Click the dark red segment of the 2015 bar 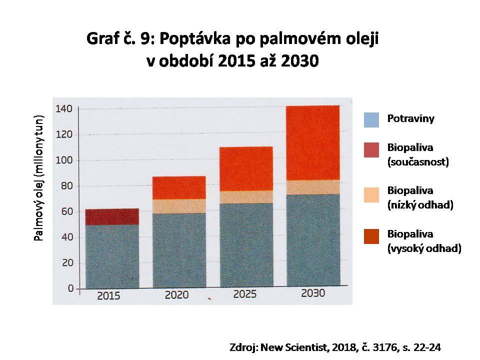[112, 216]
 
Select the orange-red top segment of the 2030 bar [313, 142]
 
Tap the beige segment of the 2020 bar [179, 206]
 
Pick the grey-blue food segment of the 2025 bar [246, 245]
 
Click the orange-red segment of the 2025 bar [246, 168]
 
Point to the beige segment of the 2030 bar [313, 187]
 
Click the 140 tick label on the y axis [63, 108]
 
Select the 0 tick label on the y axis [70, 288]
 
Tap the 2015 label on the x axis [108, 296]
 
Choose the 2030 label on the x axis [313, 293]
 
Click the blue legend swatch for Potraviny [371, 120]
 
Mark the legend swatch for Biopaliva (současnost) [371, 150]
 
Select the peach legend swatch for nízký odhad [371, 195]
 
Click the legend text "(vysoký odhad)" [424, 248]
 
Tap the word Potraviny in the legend [411, 118]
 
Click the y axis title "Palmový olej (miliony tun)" [39, 178]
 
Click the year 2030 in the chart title [299, 61]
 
